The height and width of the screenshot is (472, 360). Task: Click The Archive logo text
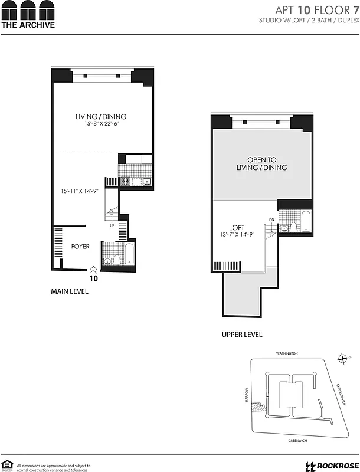pos(28,25)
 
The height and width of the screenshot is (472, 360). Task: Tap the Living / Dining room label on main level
pos(100,117)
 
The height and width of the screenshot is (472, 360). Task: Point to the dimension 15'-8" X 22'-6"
pos(100,124)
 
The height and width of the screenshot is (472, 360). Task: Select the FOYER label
pos(80,247)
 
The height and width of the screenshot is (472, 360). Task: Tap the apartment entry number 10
pos(93,278)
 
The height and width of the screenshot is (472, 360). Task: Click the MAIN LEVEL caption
pos(69,291)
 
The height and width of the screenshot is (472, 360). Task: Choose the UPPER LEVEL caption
pos(242,335)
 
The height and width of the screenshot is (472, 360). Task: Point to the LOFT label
pos(237,227)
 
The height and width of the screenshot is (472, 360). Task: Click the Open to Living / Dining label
pos(261,163)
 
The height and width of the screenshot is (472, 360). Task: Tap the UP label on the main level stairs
pos(112,225)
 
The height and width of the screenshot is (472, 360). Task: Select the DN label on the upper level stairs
pos(271,220)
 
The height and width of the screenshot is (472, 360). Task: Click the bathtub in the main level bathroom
pos(129,254)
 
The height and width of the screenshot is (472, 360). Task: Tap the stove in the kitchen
pos(125,182)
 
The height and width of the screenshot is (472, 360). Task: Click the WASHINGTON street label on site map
pos(287,353)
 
